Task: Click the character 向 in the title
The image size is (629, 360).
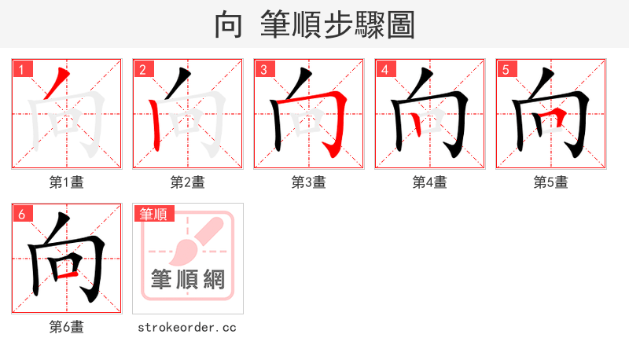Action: [x=228, y=24]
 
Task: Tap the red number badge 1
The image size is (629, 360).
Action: [x=21, y=70]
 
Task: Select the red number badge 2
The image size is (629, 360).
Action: [x=142, y=70]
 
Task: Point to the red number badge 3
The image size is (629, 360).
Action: [x=263, y=70]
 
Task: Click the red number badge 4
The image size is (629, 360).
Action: [x=384, y=70]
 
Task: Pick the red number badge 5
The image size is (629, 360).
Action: [x=506, y=70]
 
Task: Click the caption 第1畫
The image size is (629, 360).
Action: [x=67, y=182]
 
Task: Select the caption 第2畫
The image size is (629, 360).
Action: [x=188, y=182]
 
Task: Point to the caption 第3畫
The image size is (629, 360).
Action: [x=309, y=182]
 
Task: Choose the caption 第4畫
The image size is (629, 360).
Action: [x=430, y=182]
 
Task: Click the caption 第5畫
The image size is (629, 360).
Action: [x=551, y=182]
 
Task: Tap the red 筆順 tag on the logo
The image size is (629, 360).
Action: [x=154, y=214]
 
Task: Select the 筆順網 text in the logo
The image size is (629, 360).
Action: [x=188, y=279]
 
